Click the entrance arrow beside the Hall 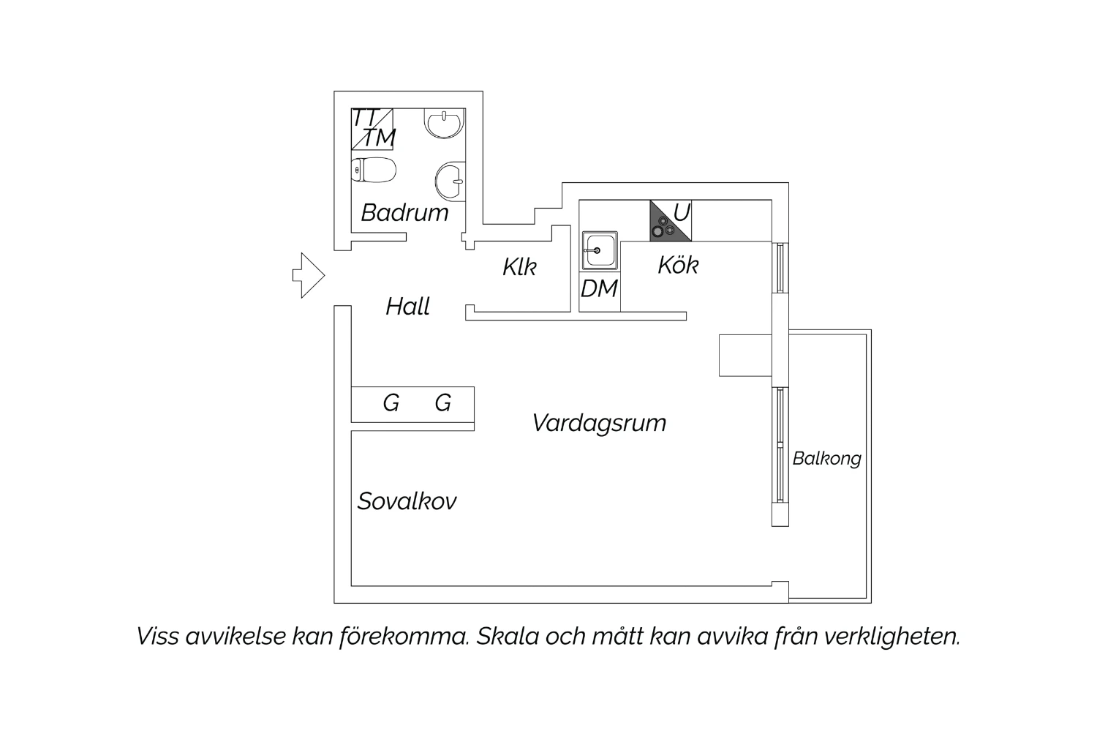coord(309,275)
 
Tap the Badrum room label coord(404,213)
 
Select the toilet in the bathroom coord(374,170)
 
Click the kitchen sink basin coord(600,250)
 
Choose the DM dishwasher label coord(599,288)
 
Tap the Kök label coord(678,265)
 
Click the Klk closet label coord(519,267)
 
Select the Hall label coord(407,307)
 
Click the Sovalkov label coord(407,501)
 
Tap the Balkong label coord(826,459)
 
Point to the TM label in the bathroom coord(380,138)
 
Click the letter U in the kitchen coord(682,213)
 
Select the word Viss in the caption coord(157,637)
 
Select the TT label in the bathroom coord(366,118)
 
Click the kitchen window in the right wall coord(780,268)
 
